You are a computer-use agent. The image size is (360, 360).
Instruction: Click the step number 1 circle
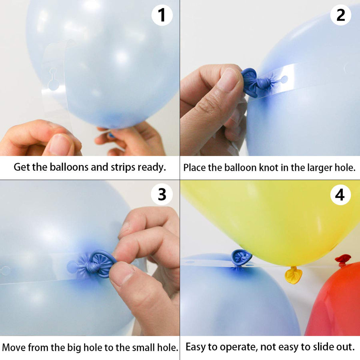(162, 16)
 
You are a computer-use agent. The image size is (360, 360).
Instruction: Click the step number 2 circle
(340, 16)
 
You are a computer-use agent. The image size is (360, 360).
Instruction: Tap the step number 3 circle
(162, 194)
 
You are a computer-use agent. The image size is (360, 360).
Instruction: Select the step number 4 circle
(340, 195)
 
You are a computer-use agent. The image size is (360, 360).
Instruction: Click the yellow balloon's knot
(293, 275)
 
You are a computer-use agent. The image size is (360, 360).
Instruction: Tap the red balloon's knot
(343, 259)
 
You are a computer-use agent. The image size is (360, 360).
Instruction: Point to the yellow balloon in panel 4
(272, 216)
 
